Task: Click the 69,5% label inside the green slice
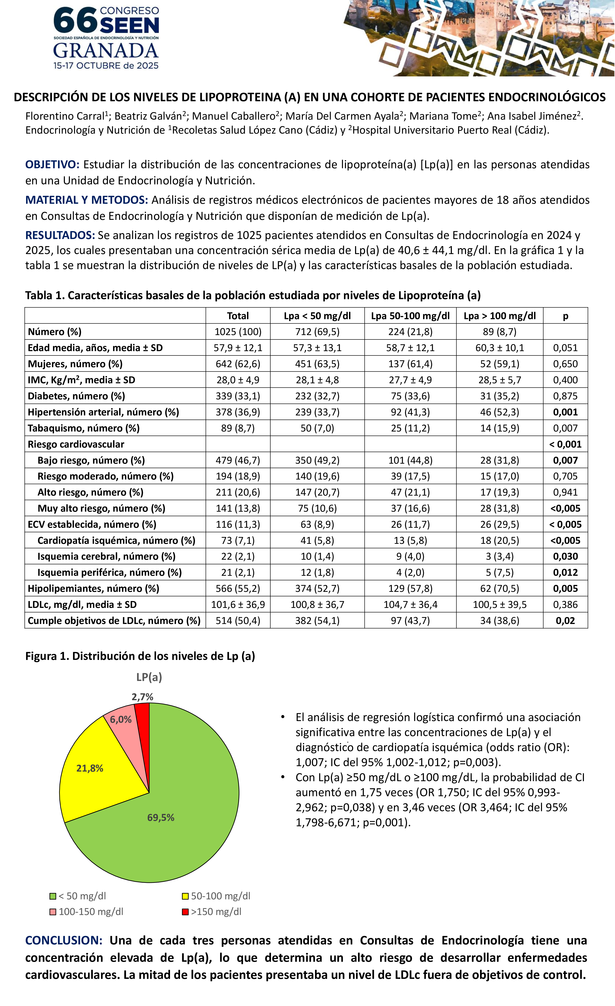point(161,817)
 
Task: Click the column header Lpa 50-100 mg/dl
point(410,316)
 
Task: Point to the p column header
point(565,316)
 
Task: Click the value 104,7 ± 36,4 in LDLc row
point(410,605)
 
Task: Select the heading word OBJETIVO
point(52,165)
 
